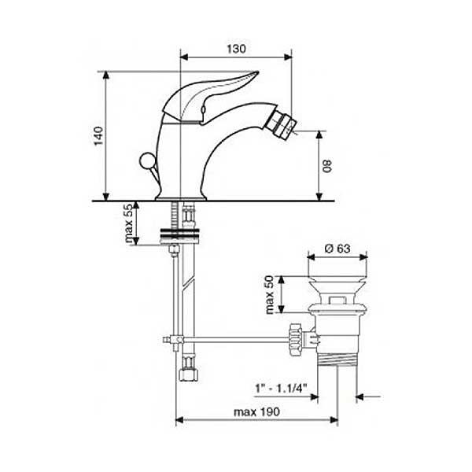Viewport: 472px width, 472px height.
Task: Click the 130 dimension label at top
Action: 236,49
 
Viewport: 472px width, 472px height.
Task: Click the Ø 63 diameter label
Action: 337,249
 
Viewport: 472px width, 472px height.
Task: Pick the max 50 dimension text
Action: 269,295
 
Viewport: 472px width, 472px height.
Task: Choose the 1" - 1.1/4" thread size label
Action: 281,389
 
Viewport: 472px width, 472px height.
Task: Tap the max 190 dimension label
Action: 256,411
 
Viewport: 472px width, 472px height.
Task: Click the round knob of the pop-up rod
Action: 147,160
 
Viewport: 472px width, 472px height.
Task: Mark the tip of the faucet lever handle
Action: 258,72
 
